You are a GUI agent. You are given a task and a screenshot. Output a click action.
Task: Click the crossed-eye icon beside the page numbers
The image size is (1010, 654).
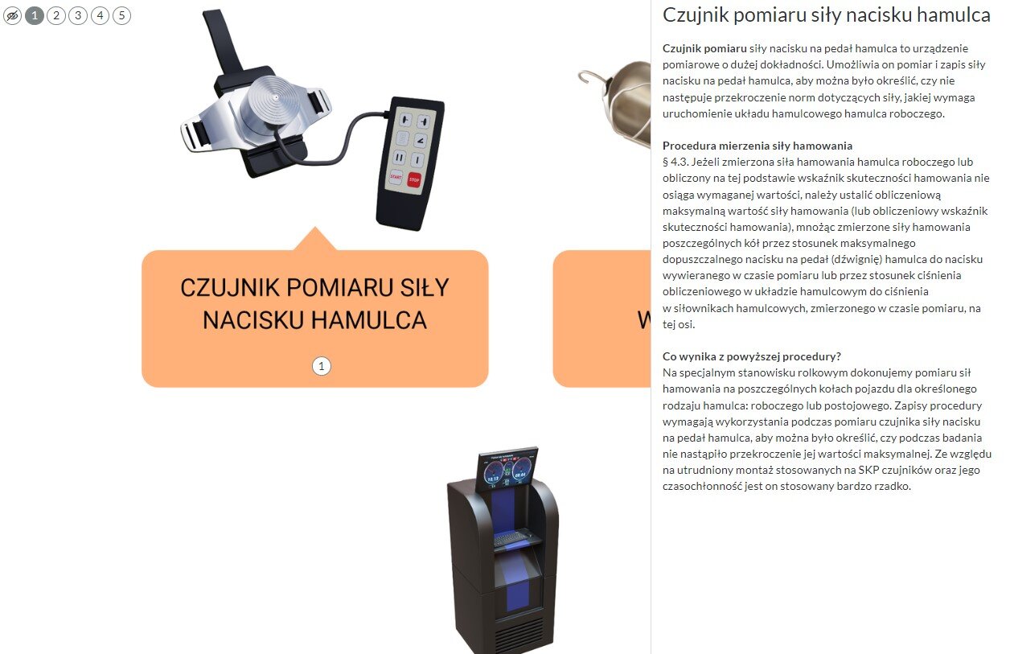click(x=12, y=15)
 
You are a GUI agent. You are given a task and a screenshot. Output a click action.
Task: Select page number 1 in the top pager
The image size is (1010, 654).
click(x=35, y=15)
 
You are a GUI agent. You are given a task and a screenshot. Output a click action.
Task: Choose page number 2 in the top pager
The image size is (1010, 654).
click(x=56, y=15)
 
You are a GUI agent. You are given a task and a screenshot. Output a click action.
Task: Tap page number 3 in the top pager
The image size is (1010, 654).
click(x=78, y=15)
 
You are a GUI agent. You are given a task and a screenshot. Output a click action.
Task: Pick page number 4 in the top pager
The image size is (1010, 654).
click(x=100, y=15)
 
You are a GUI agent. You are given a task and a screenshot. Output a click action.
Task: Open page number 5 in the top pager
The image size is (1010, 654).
click(x=121, y=15)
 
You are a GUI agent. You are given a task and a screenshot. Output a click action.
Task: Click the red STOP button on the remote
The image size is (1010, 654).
click(x=414, y=179)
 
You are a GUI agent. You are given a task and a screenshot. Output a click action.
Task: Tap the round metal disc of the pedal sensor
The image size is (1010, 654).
click(x=273, y=101)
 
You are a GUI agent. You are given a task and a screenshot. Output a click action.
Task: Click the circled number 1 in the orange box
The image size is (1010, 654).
click(x=322, y=367)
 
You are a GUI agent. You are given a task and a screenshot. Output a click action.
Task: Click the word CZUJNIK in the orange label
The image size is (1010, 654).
click(x=231, y=288)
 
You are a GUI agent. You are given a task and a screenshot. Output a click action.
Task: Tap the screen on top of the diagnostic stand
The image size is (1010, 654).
click(x=507, y=469)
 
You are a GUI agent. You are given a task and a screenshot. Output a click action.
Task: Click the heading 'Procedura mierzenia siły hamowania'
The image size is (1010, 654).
click(x=757, y=146)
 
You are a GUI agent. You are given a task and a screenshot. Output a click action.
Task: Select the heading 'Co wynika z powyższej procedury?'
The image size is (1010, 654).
click(x=752, y=356)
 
